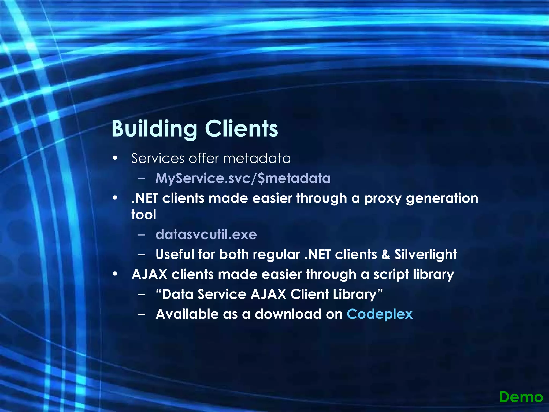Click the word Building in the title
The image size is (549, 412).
[x=154, y=129]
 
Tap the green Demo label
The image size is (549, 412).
[x=521, y=397]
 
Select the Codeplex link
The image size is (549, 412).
[x=380, y=314]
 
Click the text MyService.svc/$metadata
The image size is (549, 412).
[x=243, y=178]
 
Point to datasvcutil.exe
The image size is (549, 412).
[x=206, y=234]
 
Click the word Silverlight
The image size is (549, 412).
[x=425, y=254]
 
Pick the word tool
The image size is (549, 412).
[x=144, y=215]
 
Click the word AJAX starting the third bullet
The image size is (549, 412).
[x=149, y=274]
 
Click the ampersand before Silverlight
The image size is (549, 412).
[x=385, y=255]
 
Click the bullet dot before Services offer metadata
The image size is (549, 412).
[x=115, y=158]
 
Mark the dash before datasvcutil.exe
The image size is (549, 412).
[x=142, y=235]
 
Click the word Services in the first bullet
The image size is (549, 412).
[x=158, y=158]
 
